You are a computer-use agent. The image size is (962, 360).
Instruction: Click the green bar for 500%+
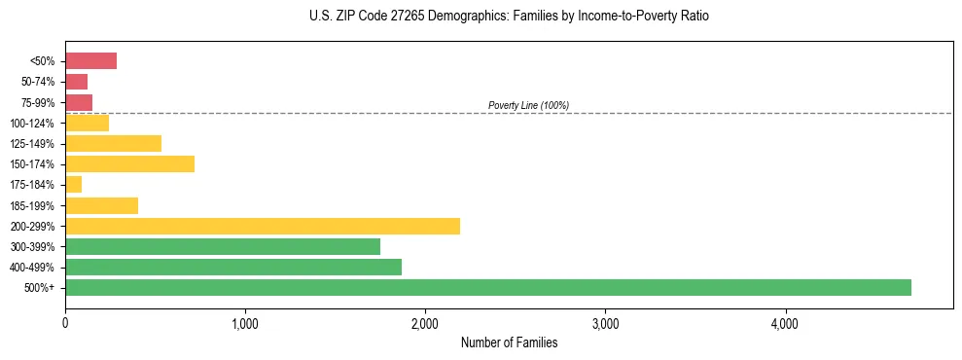[x=487, y=287]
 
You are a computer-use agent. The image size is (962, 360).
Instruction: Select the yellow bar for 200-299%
[x=262, y=226]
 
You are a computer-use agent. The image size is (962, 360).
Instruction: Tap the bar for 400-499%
[x=232, y=267]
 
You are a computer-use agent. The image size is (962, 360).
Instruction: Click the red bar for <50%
[x=90, y=60]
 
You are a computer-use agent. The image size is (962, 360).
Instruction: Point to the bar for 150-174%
[x=129, y=163]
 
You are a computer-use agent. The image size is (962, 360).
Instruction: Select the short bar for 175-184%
[x=73, y=184]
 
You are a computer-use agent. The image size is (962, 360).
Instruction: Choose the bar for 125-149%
[x=113, y=143]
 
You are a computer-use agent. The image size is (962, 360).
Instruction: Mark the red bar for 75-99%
[x=79, y=102]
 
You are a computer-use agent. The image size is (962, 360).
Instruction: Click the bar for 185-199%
[x=101, y=205]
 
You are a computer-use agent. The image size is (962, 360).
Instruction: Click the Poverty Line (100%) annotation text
[x=528, y=105]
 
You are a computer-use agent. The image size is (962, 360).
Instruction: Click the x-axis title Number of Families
[x=509, y=342]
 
